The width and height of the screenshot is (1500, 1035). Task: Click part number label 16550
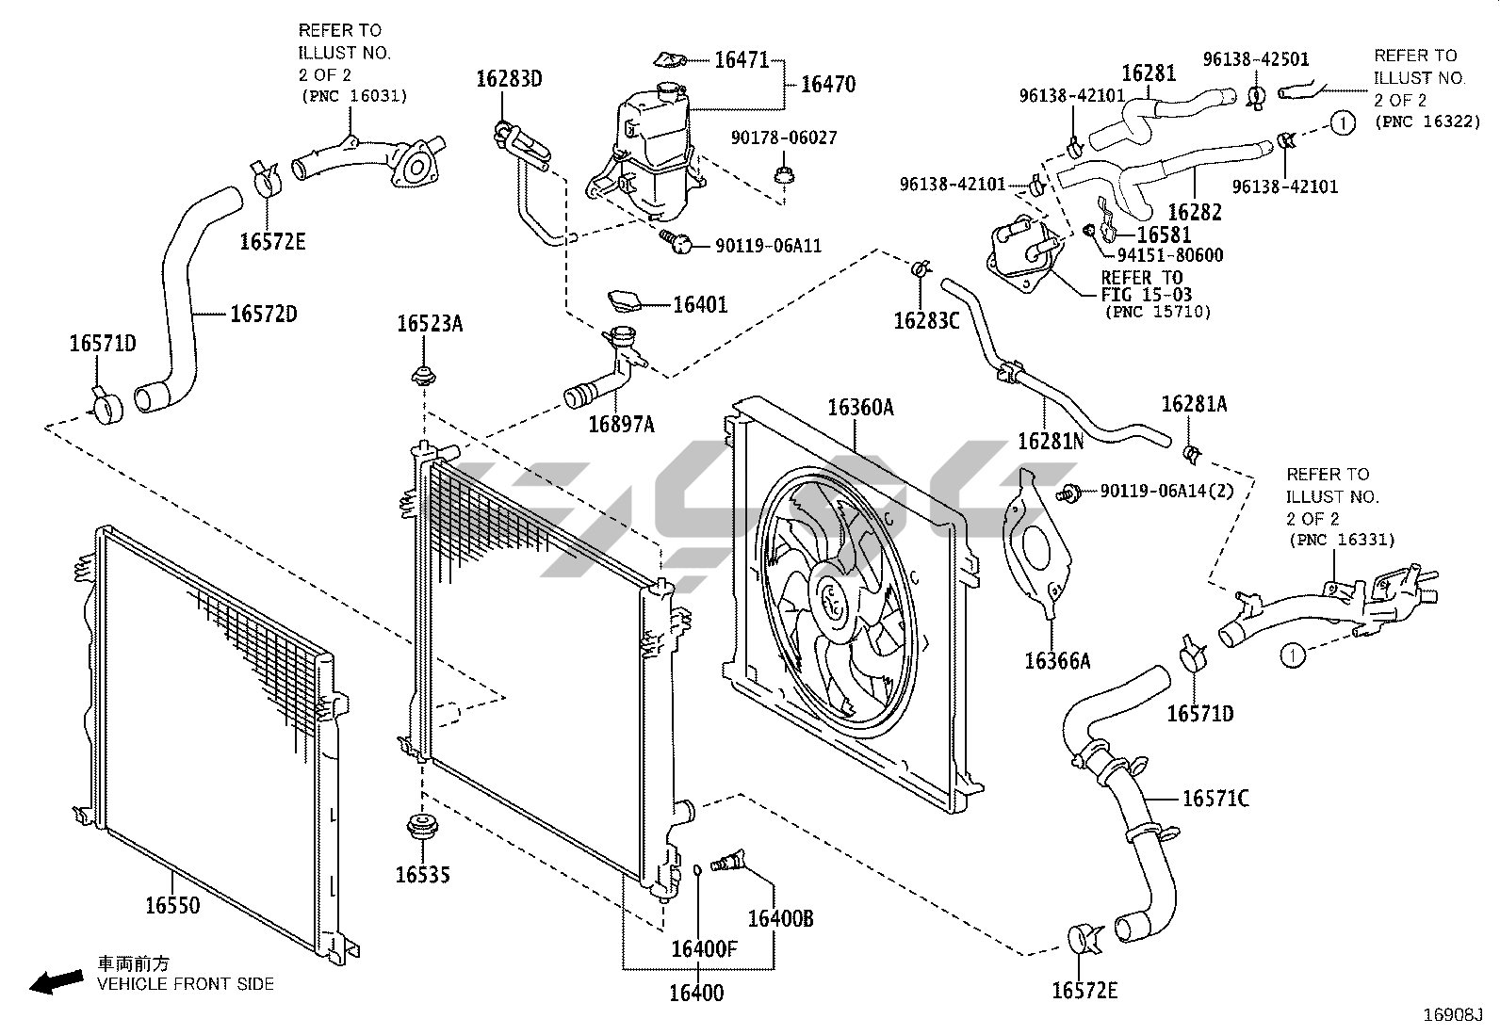[172, 905]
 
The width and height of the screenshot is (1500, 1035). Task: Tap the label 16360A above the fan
[860, 407]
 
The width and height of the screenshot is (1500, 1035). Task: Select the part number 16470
[828, 85]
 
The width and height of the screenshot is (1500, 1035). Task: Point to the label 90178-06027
[784, 137]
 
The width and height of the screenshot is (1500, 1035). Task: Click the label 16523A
[430, 324]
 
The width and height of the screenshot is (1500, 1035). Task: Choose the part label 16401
[700, 305]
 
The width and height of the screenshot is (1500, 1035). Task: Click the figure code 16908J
[1453, 1015]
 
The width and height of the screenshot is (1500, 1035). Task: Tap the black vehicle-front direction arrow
[57, 982]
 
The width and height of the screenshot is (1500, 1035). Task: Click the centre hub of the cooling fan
[835, 602]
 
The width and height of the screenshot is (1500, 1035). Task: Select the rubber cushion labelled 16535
[422, 827]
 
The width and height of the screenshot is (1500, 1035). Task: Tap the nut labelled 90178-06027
[784, 176]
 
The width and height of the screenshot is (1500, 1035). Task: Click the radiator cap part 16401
[624, 300]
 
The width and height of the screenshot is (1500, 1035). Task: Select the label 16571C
[1215, 799]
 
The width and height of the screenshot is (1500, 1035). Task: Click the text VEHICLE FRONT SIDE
[186, 984]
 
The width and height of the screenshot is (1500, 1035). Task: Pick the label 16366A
[1057, 661]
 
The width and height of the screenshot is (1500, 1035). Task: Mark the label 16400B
[780, 918]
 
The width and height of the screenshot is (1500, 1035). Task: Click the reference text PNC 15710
[1158, 312]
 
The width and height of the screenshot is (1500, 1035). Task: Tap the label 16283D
[509, 79]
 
